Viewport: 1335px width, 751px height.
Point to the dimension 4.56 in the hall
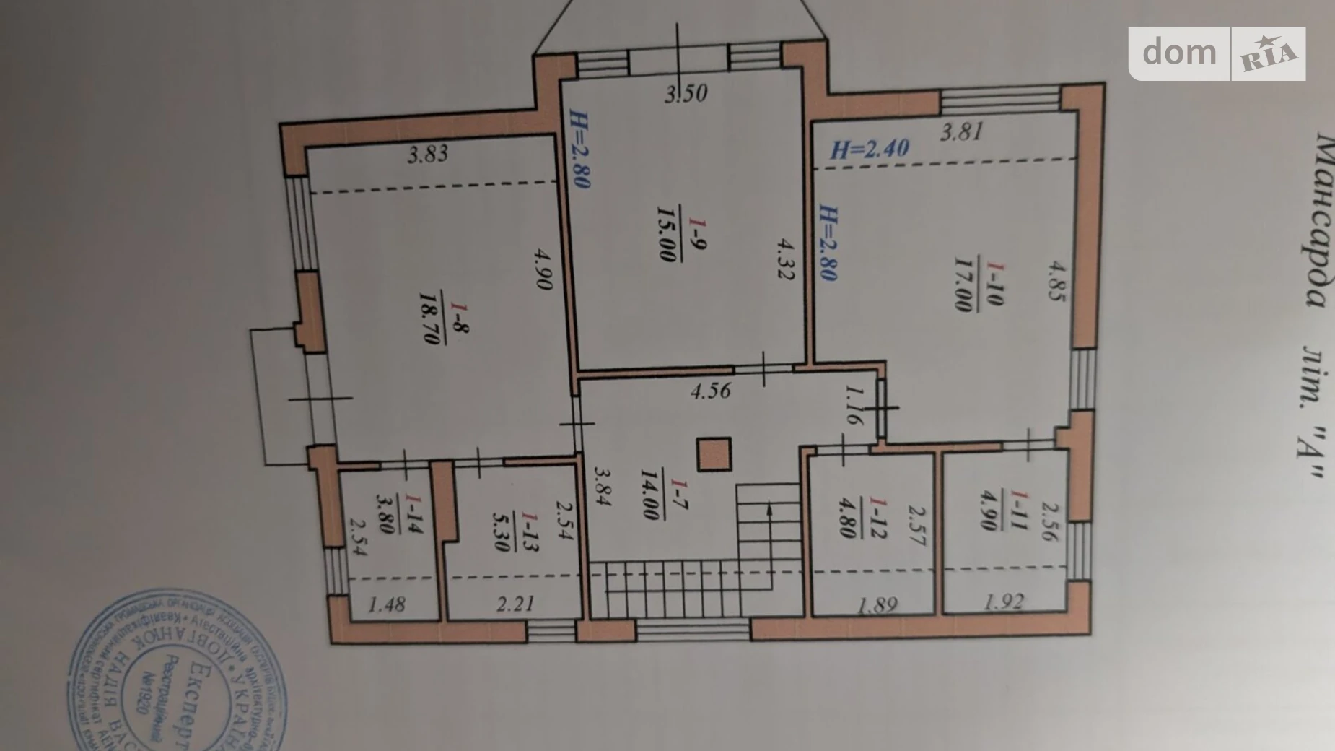710,391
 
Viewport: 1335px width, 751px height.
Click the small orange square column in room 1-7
714,455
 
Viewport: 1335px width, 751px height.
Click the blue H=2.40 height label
870,149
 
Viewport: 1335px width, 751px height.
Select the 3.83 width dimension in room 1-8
427,154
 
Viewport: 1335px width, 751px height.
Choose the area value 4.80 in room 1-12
849,517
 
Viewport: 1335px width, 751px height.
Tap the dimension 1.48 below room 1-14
387,604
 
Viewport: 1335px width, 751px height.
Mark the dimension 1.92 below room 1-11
1003,601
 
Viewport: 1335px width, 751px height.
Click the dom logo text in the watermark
1179,52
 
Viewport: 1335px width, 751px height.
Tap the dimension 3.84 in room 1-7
602,485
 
